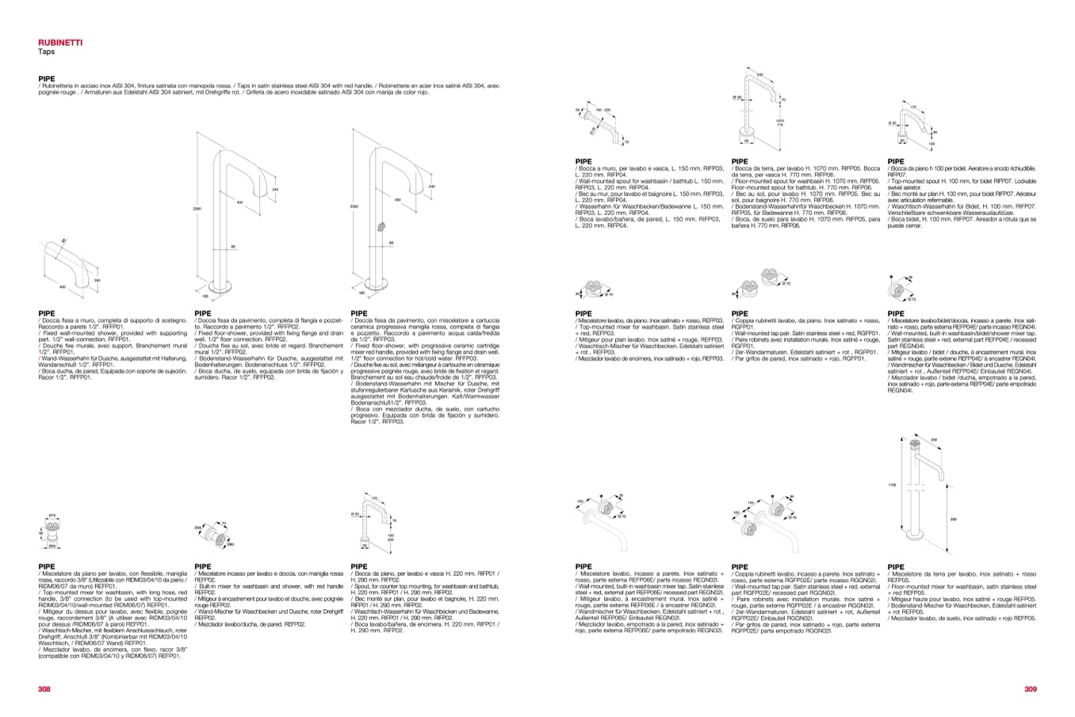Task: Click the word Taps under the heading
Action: point(45,51)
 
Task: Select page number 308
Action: point(44,688)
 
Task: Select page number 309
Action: point(1030,688)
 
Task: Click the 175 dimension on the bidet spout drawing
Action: point(912,106)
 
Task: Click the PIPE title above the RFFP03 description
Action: point(359,313)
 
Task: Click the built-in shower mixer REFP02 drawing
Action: point(208,531)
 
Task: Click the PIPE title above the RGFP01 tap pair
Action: point(740,313)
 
